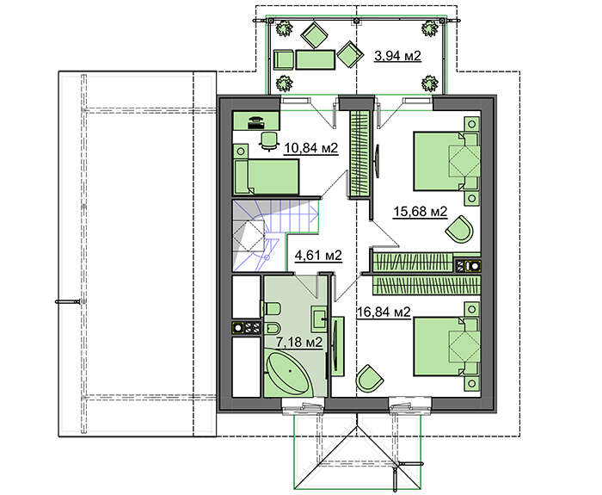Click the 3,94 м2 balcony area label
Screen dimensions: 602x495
tap(397, 56)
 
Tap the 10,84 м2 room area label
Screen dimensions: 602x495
tap(311, 148)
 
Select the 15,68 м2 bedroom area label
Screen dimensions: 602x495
tap(421, 212)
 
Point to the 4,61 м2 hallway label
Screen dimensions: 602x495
tap(318, 255)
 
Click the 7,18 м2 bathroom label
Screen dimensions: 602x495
tap(299, 342)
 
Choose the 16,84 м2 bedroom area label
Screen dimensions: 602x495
tap(384, 312)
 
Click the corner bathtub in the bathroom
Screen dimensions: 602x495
tap(290, 372)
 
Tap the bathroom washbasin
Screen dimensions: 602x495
tap(319, 319)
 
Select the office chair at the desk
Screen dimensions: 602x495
tap(268, 140)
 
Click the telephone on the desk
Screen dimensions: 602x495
tap(255, 121)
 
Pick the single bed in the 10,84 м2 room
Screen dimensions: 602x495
tap(267, 176)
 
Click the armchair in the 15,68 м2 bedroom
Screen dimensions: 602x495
tap(459, 229)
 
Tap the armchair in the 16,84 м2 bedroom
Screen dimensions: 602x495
tap(369, 378)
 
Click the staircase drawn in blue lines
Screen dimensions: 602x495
tap(275, 233)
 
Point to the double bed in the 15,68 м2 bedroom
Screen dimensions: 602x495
tap(446, 161)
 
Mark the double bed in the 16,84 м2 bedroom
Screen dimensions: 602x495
tap(446, 346)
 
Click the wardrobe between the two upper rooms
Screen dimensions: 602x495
tap(359, 154)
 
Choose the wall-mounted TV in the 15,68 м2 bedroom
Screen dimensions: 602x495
tap(378, 161)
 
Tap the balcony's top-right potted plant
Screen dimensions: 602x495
tap(430, 28)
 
